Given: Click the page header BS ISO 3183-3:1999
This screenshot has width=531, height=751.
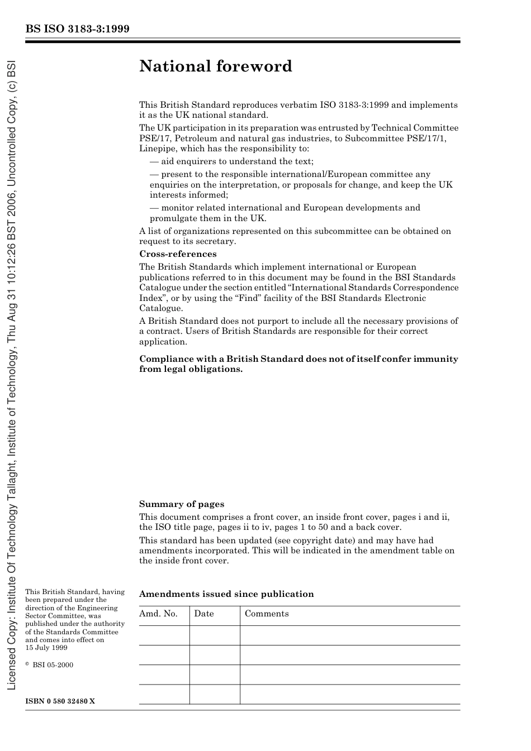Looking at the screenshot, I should (x=78, y=28).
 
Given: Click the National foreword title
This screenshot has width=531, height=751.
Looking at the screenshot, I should (x=216, y=66).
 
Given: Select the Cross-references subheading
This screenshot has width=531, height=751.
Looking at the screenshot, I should (x=178, y=254).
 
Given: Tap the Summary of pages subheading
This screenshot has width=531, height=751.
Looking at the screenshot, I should (x=182, y=504).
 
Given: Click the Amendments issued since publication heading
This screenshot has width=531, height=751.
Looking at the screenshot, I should (x=226, y=594).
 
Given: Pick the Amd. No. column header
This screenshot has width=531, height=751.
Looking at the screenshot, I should (x=158, y=614).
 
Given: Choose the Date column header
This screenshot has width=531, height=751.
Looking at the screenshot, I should (x=204, y=614).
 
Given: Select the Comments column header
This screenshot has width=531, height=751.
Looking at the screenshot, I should (x=267, y=614).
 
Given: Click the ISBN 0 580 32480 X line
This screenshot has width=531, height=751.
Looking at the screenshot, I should (x=60, y=701).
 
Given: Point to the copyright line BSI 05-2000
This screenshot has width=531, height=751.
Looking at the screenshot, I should (x=52, y=665).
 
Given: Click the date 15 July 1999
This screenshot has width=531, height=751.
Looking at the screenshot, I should (x=46, y=648).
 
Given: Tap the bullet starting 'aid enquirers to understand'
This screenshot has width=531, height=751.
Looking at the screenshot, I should (x=231, y=161).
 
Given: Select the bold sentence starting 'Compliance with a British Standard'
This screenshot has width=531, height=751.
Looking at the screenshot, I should (x=298, y=364).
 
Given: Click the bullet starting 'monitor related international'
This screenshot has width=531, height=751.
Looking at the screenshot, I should (x=285, y=213).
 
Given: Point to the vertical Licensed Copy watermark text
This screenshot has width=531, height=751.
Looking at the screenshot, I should (x=12, y=374).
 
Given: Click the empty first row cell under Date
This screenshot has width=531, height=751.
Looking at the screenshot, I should (x=215, y=635).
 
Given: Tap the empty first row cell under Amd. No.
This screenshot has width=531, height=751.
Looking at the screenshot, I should (x=164, y=635).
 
